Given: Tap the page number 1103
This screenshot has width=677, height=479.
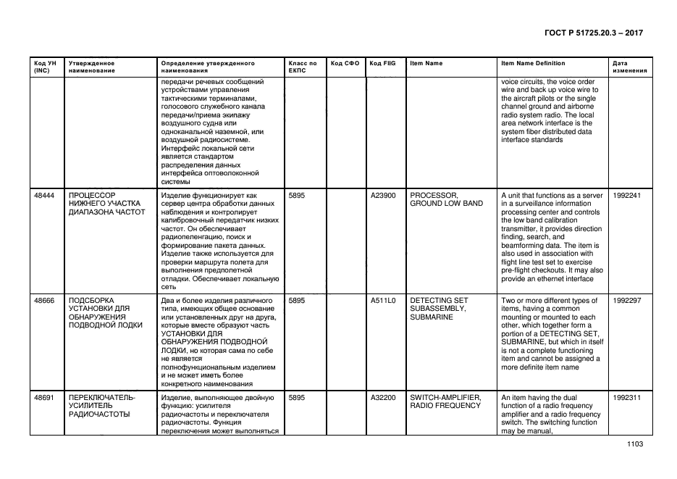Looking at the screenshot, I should (x=635, y=444).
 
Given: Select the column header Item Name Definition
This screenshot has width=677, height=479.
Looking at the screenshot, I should (x=533, y=64).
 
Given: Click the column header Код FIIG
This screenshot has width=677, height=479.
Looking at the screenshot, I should (x=382, y=64).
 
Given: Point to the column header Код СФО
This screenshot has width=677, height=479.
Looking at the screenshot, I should (x=345, y=64).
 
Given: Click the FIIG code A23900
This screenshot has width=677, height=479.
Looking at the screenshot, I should (x=383, y=195).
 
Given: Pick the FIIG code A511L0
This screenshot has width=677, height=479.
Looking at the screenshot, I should (x=383, y=300).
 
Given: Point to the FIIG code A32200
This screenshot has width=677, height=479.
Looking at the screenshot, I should (x=383, y=397).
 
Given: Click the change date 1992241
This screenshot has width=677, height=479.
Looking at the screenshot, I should (x=626, y=195).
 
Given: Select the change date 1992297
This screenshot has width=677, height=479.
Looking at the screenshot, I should (x=626, y=300).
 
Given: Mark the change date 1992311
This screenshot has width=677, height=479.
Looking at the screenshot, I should (x=626, y=397).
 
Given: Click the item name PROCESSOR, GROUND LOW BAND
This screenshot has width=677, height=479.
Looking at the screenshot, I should (x=446, y=199).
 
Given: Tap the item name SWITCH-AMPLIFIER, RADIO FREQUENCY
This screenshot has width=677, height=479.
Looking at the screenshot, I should (x=445, y=401).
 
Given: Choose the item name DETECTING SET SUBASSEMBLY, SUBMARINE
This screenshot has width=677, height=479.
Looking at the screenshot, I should (x=440, y=309).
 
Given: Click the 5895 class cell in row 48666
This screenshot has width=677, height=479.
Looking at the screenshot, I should (x=298, y=300).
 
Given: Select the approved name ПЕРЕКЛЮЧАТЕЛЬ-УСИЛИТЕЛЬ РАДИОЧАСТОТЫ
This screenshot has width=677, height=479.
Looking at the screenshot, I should (x=101, y=406).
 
